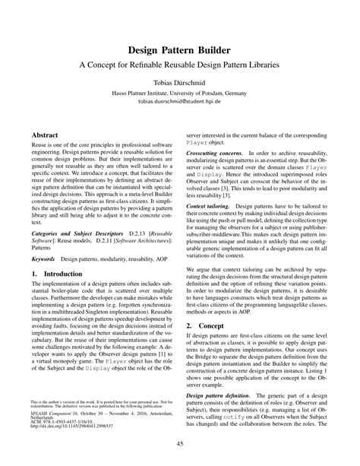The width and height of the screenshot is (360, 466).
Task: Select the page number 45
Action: point(180,444)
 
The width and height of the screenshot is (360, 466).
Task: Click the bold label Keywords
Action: point(43,236)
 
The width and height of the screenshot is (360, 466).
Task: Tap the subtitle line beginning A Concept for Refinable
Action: point(180,65)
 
